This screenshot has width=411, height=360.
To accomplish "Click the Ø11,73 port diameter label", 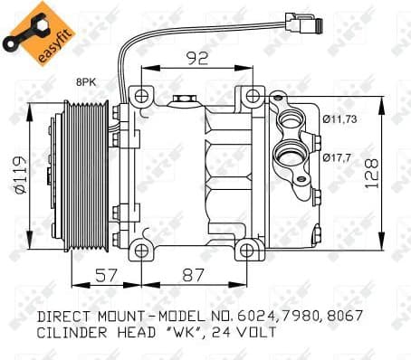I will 339,118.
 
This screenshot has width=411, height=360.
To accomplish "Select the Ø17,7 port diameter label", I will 337,157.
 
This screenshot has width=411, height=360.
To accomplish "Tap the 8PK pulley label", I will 86,82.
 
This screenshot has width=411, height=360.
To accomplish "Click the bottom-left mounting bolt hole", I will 139,249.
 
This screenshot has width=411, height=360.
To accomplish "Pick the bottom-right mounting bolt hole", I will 244,249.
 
